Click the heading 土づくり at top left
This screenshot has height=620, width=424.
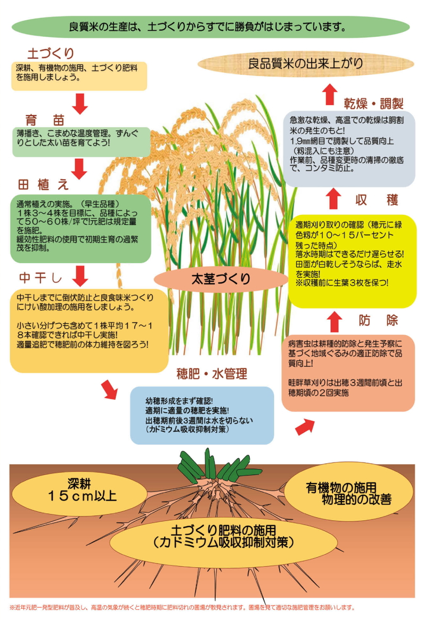51,53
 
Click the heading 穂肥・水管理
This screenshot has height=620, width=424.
212,374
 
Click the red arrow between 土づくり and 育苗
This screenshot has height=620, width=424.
80,103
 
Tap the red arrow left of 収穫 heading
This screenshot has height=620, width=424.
333,198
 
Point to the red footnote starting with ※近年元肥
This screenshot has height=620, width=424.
182,607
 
